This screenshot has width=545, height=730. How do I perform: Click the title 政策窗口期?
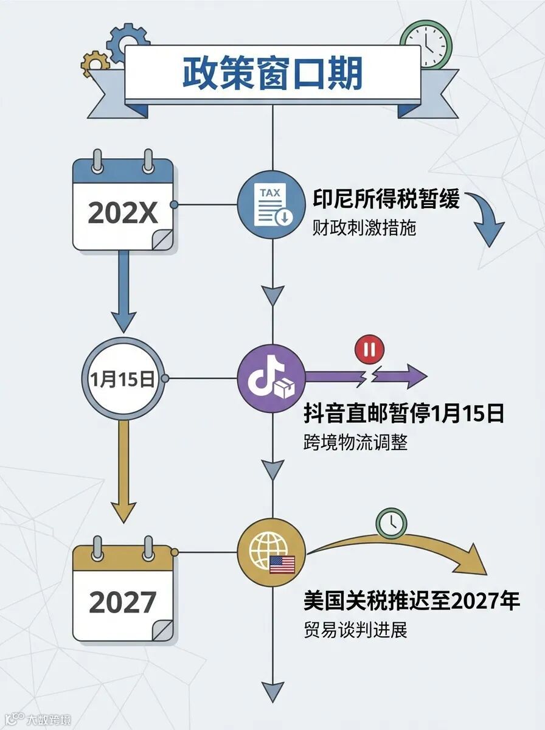272,74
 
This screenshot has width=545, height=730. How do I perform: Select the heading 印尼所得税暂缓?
386,200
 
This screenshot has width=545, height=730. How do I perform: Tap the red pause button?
368,350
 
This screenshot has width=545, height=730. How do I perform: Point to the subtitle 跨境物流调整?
355,442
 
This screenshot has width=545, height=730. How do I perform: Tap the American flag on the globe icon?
282,565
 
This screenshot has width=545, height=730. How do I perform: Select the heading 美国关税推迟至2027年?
412,601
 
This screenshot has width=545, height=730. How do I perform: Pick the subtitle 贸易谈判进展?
355,630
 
